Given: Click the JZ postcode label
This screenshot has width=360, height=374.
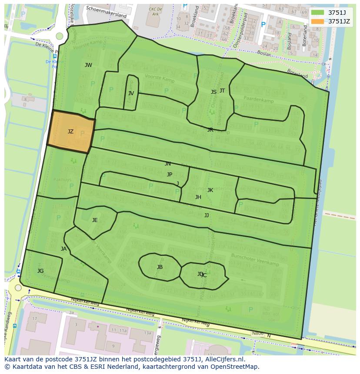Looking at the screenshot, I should click(70, 131).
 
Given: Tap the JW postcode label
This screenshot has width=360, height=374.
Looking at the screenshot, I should click(88, 65).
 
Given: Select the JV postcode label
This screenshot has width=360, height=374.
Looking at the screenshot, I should click(131, 93).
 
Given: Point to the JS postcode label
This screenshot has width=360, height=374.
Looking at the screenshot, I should click(213, 92).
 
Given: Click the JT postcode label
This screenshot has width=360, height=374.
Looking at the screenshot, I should click(222, 90).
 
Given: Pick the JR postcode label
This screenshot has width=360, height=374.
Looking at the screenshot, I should click(210, 129).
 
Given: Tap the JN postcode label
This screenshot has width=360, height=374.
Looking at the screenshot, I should click(168, 164).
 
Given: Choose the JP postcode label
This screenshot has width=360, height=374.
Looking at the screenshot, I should click(170, 174).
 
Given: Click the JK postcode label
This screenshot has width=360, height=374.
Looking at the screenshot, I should click(210, 190).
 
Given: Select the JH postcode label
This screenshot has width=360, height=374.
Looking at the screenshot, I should click(198, 197).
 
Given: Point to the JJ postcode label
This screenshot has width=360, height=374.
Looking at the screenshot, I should click(207, 215).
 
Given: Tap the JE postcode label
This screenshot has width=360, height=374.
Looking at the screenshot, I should click(95, 220).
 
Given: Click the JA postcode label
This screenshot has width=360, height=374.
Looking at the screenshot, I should click(64, 249).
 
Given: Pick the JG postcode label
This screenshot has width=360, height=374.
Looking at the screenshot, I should click(40, 271).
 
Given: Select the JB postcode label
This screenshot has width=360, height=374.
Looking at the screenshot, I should click(160, 267).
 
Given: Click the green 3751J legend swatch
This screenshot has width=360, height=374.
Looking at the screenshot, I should click(318, 13).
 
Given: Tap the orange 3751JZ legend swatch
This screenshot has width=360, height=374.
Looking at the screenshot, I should click(318, 21).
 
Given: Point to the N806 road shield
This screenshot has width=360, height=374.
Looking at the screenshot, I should click(258, 334).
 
